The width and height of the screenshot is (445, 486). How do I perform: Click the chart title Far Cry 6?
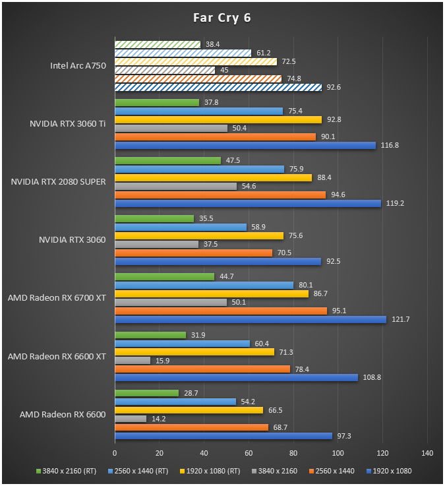[222, 18]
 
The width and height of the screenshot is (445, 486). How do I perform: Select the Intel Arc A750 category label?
[78, 66]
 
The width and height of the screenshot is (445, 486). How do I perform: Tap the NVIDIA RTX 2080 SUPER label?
[58, 181]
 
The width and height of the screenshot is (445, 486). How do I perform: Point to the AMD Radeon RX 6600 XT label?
[57, 357]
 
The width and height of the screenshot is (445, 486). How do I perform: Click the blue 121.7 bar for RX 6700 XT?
[251, 320]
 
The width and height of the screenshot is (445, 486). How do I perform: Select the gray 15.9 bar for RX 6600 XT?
[133, 361]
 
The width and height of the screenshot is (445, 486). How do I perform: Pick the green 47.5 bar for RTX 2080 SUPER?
[168, 160]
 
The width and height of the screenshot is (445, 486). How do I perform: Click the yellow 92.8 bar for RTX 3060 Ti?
[218, 119]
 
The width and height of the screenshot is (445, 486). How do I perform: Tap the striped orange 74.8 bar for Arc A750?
[198, 78]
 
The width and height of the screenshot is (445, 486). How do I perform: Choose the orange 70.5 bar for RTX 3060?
[194, 253]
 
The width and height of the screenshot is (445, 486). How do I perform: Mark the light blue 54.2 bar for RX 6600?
[175, 402]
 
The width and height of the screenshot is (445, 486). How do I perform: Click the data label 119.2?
[395, 203]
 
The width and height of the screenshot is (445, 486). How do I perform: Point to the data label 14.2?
[159, 419]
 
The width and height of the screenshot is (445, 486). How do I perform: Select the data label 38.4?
[212, 44]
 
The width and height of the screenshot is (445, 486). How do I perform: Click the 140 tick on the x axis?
[427, 453]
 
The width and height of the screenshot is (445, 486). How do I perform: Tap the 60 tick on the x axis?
[249, 453]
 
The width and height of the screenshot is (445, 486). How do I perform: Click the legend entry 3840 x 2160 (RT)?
[67, 471]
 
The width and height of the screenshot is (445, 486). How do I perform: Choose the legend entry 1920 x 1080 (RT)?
[210, 471]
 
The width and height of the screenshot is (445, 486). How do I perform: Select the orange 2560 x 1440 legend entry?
[332, 471]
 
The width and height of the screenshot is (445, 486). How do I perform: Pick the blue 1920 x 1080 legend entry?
[389, 471]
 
